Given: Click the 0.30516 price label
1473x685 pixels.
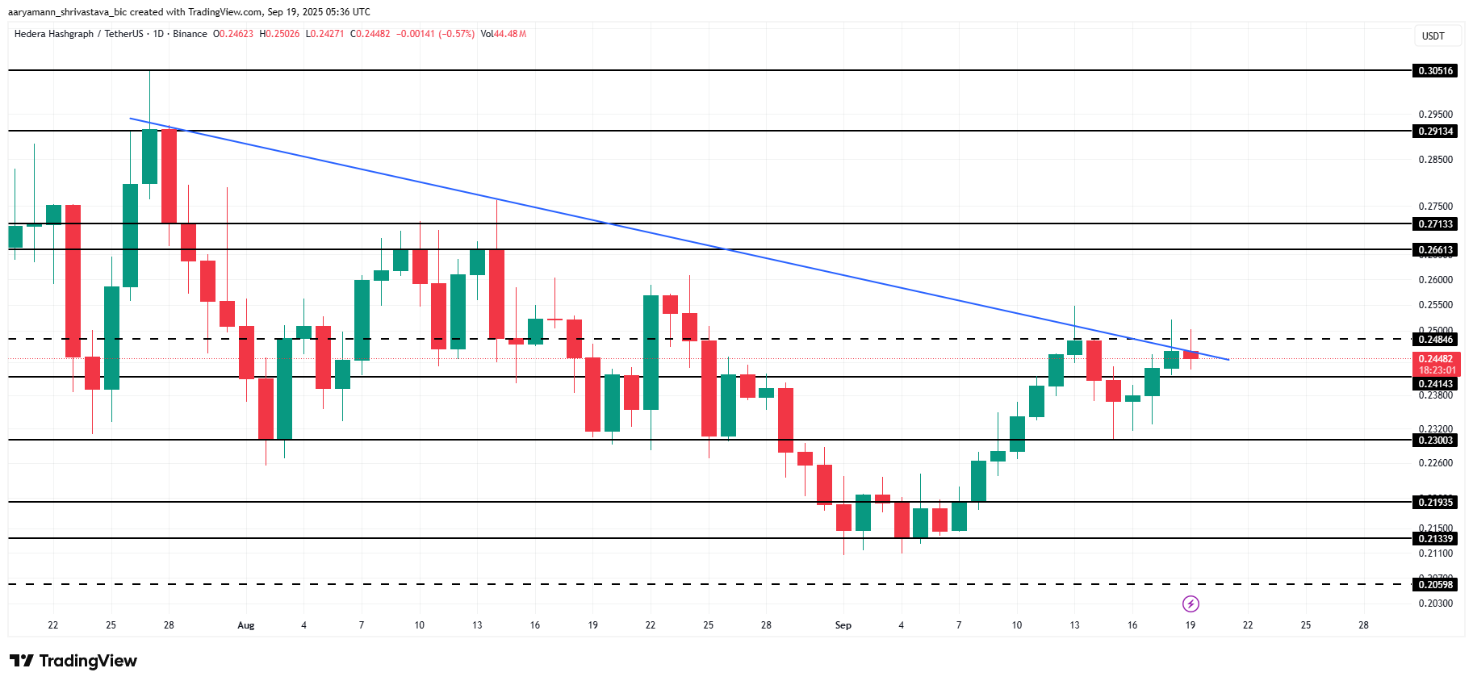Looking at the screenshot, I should tap(1435, 71).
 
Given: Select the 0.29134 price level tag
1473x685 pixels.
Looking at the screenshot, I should tap(1435, 132).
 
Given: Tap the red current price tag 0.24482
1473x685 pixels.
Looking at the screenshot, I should tap(1437, 359).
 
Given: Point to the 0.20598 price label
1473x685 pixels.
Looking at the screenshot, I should tap(1435, 585).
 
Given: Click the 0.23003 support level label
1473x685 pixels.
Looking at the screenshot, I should tap(1435, 441).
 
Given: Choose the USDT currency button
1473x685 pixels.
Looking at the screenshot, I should tap(1433, 36).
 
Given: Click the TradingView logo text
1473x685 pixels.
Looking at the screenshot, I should tap(87, 661).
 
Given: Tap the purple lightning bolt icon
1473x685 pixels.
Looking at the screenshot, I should tap(1191, 604).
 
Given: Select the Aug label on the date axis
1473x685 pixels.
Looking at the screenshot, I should tap(246, 625).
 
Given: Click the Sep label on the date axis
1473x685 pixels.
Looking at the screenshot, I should tap(843, 625).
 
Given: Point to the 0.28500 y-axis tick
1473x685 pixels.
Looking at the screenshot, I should tap(1435, 160).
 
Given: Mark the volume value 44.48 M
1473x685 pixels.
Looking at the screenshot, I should tap(510, 34).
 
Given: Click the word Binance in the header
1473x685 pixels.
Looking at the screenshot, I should tap(190, 34).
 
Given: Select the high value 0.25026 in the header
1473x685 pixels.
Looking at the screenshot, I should tap(282, 34).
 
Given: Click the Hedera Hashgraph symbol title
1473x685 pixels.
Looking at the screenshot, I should tap(54, 34).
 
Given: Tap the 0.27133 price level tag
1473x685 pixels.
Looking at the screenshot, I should tap(1435, 224).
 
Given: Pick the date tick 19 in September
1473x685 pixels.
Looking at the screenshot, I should tap(1191, 625).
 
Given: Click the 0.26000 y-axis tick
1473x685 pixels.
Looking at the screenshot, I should tap(1435, 280).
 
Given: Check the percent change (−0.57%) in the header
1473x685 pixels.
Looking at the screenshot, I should tap(456, 34).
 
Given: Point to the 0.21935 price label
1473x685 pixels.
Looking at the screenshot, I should tap(1435, 503).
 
